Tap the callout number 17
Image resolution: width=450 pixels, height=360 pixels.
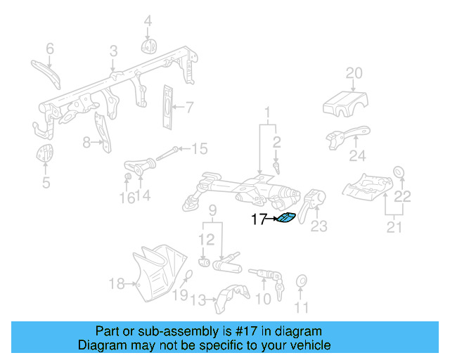259,219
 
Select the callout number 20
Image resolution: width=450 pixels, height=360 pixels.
354,72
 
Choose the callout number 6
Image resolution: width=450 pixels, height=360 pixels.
50,49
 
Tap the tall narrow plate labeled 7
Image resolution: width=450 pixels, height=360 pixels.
168,108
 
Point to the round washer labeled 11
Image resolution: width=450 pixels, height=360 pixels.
302,282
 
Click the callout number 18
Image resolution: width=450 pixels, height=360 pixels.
116,284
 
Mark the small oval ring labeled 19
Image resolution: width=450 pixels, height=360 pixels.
188,276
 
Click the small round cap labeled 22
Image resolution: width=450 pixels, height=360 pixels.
397,172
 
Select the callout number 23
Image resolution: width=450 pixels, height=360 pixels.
319,226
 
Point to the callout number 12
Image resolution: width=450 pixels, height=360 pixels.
205,240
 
